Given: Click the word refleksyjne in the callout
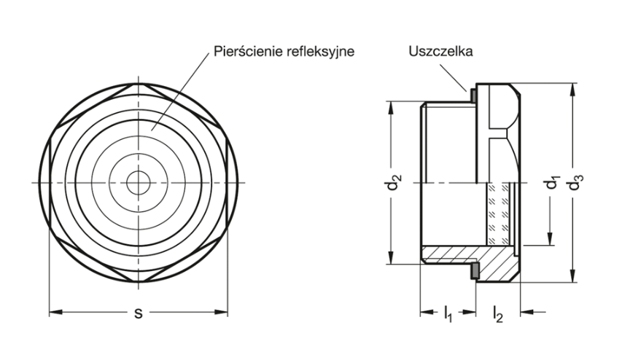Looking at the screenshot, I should point(315,52).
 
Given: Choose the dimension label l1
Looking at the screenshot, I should point(448,315).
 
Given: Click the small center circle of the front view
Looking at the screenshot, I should point(136,182).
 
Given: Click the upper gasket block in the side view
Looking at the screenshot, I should point(473,95).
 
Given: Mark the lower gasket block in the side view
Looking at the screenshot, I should point(473,271).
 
